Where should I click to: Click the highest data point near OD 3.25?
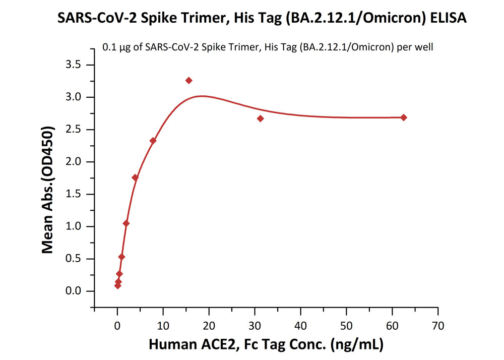pos(189,81)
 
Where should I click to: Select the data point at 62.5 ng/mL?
pos(404,117)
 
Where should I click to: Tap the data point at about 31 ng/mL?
pos(260,118)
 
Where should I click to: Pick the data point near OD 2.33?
pos(153,141)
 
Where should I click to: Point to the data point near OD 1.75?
pos(135,177)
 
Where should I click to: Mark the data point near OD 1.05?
pos(126,223)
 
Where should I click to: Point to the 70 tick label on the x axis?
pos(438,326)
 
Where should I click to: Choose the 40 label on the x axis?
pos(301,326)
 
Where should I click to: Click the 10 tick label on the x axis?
pos(163,326)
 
